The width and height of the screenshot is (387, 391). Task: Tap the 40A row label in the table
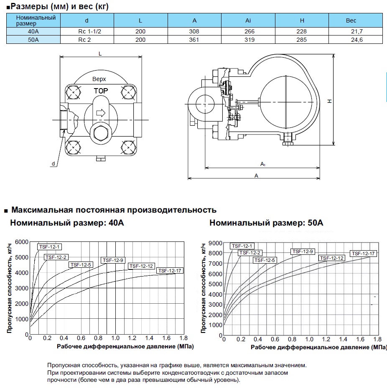pyautogui.click(x=33, y=32)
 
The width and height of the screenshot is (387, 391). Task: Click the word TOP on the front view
pyautogui.click(x=100, y=91)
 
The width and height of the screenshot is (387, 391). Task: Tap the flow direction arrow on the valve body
pyautogui.click(x=100, y=112)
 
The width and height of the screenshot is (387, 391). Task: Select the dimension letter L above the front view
pyautogui.click(x=100, y=53)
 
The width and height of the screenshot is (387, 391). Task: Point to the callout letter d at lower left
pyautogui.click(x=53, y=163)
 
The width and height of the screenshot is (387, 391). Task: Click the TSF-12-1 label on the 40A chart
pyautogui.click(x=50, y=246)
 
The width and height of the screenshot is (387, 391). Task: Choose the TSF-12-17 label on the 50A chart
pyautogui.click(x=364, y=253)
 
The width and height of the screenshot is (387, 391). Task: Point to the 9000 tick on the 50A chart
pyautogui.click(x=215, y=243)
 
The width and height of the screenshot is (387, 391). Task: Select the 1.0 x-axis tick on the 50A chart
pyautogui.click(x=309, y=339)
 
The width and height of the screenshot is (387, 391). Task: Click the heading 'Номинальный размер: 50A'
pyautogui.click(x=266, y=223)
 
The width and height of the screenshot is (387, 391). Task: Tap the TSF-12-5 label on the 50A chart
pyautogui.click(x=264, y=260)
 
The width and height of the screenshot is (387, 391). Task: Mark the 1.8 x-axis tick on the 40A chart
pyautogui.click(x=183, y=338)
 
